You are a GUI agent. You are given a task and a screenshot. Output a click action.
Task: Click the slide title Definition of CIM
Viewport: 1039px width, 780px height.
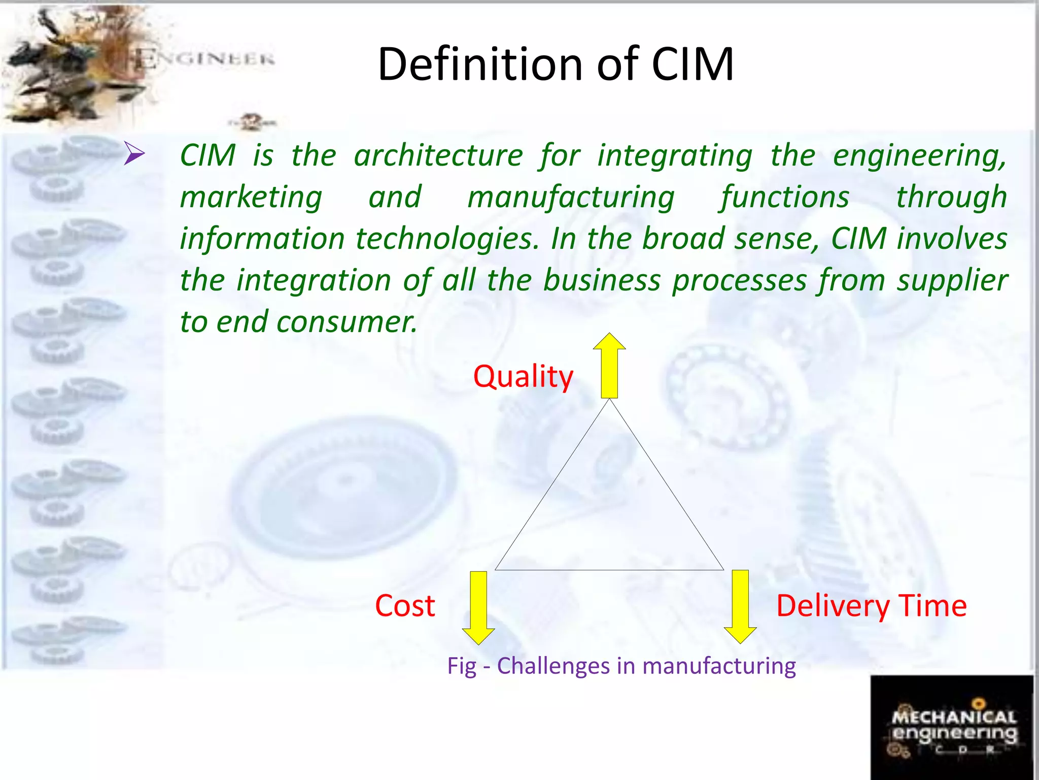(x=556, y=64)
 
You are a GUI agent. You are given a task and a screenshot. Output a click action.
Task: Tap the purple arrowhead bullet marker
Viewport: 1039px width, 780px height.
(x=134, y=153)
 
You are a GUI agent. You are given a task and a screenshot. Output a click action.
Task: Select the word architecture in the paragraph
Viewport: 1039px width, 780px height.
(x=438, y=155)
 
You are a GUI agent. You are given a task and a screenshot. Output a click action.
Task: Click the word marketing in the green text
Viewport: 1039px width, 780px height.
(x=251, y=197)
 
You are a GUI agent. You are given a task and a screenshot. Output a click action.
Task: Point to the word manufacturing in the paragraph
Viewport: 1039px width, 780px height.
(x=571, y=198)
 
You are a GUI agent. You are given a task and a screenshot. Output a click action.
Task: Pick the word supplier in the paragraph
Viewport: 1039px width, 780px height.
(x=952, y=281)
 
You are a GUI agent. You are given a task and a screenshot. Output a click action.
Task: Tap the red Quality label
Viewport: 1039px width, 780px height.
(x=523, y=377)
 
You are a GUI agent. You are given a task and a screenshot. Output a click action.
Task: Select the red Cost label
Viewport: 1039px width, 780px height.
(x=405, y=606)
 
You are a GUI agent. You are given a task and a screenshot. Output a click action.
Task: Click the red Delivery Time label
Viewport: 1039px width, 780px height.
(x=871, y=606)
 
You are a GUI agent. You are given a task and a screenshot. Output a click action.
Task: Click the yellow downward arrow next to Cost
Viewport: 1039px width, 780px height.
(x=478, y=607)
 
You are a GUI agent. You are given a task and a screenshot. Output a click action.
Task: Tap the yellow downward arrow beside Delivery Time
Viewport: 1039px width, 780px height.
(x=740, y=606)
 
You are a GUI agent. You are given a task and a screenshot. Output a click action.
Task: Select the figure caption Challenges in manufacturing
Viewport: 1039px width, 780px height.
(x=621, y=666)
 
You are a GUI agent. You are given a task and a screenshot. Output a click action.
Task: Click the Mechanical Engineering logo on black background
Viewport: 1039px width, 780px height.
(x=952, y=727)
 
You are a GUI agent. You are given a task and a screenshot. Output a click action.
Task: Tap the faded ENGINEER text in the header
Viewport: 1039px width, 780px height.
(x=205, y=59)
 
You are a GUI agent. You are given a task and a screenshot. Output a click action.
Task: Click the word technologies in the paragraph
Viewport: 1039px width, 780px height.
(x=446, y=239)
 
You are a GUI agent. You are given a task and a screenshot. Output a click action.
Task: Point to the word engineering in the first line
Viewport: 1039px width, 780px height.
(x=919, y=156)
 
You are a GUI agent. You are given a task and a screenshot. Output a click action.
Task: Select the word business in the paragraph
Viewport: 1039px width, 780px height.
(x=602, y=280)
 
